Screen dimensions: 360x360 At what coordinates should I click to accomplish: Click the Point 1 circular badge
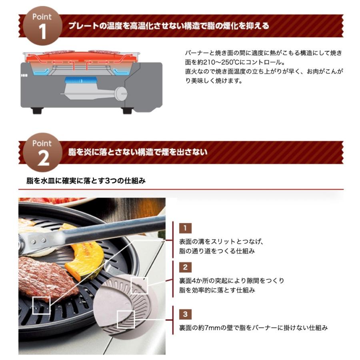click(x=42, y=26)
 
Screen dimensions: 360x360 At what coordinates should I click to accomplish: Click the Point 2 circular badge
click(x=42, y=152)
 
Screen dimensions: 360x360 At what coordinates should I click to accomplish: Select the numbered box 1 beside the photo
click(x=185, y=228)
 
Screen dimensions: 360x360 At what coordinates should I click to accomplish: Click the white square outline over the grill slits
click(x=41, y=305)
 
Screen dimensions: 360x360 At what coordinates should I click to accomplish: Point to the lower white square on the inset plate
click(x=126, y=319)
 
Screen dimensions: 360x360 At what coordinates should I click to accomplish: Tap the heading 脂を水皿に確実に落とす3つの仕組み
click(x=86, y=180)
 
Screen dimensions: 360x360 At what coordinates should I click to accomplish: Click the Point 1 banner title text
click(x=168, y=26)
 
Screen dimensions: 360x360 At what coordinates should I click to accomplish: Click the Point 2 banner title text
click(x=138, y=152)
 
